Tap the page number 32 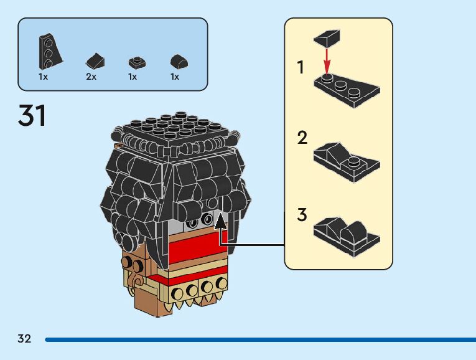pos(24,339)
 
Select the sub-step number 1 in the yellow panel pos(301,67)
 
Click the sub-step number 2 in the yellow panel pos(302,138)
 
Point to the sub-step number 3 pos(302,216)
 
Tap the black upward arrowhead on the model pos(220,220)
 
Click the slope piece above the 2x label pos(95,60)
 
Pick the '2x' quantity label pos(91,77)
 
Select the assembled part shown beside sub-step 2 pos(347,161)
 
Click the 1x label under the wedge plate pos(43,77)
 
